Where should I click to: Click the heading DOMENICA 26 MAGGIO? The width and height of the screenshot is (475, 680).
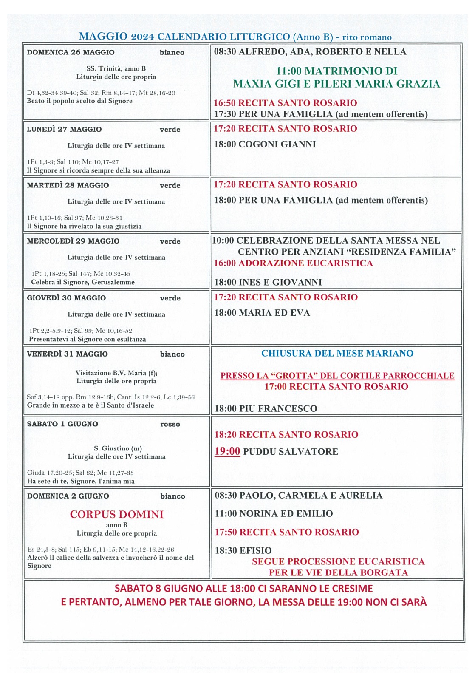tap(71, 52)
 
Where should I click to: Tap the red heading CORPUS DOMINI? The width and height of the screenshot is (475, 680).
tap(117, 514)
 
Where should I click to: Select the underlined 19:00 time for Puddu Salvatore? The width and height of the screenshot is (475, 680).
tap(227, 451)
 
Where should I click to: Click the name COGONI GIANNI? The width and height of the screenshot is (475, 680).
tap(277, 144)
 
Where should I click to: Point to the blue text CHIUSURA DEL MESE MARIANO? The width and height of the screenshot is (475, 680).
tap(337, 354)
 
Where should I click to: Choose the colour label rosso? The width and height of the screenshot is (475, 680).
tap(170, 424)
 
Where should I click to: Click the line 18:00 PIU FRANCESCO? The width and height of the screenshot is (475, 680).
tap(266, 409)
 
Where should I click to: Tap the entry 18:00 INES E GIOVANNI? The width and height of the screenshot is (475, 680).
tap(268, 282)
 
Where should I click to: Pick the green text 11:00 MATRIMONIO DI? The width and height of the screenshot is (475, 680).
tap(336, 71)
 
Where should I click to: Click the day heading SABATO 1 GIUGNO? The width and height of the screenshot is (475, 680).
tap(62, 424)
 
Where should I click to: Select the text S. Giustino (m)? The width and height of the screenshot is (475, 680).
tap(118, 448)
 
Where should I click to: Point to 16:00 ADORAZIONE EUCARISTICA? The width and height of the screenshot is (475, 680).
tap(293, 263)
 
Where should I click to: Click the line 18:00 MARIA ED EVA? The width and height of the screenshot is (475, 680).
tap(262, 313)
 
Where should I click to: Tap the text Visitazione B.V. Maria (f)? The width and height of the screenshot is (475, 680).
tap(116, 373)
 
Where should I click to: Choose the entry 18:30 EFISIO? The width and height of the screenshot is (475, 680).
tap(243, 550)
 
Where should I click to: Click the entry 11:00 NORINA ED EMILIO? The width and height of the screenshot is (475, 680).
tap(274, 513)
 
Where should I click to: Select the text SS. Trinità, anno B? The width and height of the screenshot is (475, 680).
tap(116, 68)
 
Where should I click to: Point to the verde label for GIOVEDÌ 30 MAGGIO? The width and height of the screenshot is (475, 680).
tap(170, 298)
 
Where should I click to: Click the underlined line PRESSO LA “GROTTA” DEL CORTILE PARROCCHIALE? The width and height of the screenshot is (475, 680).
tap(337, 376)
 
